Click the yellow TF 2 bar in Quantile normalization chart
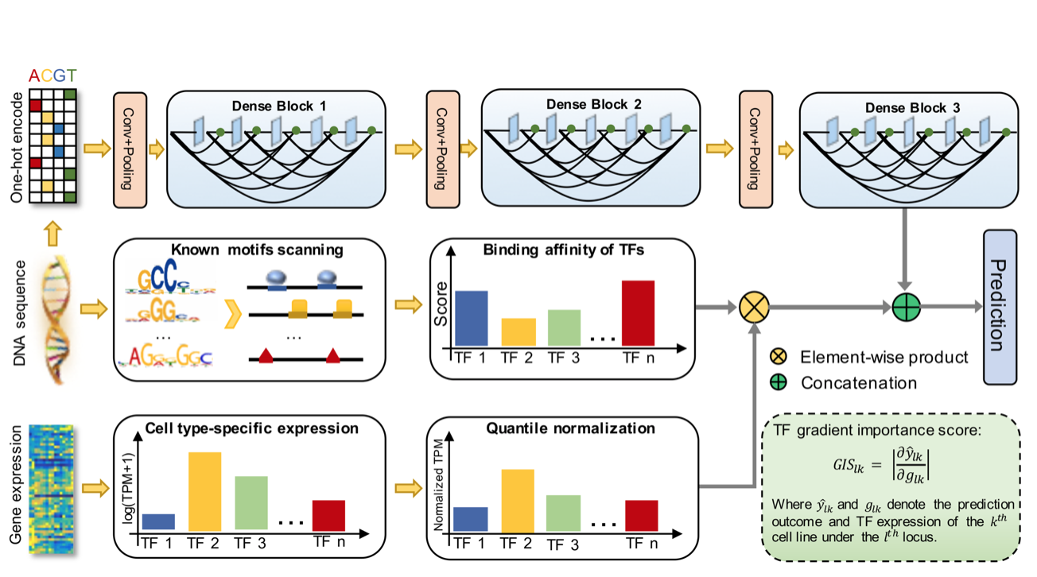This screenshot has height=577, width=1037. [517, 501]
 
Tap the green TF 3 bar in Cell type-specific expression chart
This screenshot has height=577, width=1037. [251, 502]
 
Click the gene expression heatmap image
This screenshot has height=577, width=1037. [51, 490]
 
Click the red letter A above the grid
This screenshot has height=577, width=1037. [33, 76]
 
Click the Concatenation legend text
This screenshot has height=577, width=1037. [859, 382]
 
